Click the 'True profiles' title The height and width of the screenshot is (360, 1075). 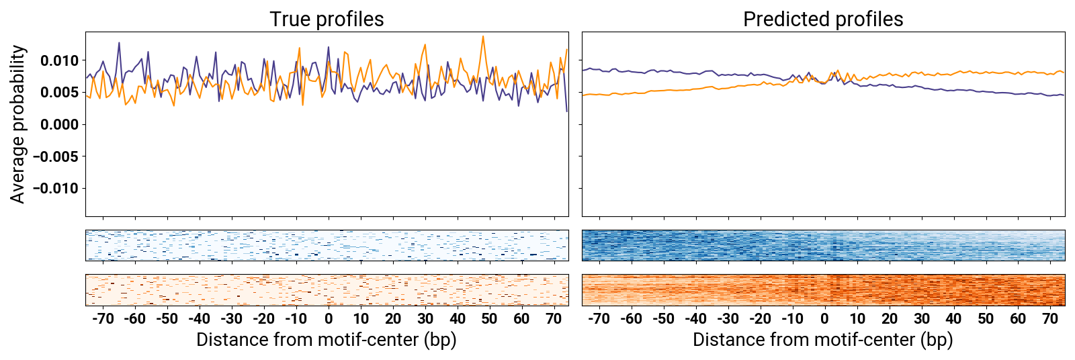(x=327, y=19)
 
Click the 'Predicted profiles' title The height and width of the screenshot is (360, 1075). (x=823, y=19)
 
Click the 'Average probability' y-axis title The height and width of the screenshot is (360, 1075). (x=18, y=124)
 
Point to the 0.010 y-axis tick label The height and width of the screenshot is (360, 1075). (x=59, y=61)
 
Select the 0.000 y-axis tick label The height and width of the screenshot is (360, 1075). (x=59, y=125)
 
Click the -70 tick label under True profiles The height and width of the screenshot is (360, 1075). (x=103, y=318)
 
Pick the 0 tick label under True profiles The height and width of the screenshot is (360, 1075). (x=329, y=318)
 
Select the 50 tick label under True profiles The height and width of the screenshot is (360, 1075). (x=489, y=318)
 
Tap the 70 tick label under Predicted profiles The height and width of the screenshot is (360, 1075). (x=1050, y=318)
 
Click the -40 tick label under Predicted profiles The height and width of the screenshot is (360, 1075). (x=695, y=318)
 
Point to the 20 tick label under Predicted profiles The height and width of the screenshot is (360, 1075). (x=890, y=318)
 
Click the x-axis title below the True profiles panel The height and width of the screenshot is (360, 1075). (x=327, y=340)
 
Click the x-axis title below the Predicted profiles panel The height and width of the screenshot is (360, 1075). (x=823, y=340)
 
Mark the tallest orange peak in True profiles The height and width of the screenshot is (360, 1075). (x=483, y=37)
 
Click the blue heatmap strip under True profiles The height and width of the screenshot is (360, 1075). (x=327, y=245)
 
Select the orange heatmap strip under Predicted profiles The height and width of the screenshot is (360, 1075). (x=823, y=290)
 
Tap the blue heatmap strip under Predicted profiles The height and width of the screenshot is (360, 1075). (x=823, y=245)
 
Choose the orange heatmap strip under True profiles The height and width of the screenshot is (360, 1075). (x=327, y=290)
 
